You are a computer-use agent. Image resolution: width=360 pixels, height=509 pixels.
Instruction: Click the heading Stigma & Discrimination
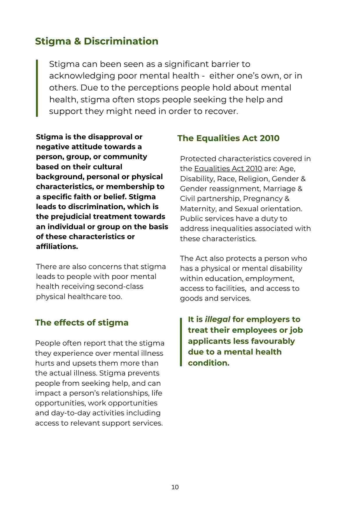(x=97, y=41)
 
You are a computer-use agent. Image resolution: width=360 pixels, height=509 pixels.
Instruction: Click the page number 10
(x=175, y=487)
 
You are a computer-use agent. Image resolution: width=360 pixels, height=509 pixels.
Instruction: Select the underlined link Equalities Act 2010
(x=228, y=169)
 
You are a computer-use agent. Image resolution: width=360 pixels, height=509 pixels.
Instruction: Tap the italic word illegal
(x=217, y=319)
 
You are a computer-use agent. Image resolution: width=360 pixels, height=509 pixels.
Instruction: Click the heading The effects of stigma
(x=81, y=323)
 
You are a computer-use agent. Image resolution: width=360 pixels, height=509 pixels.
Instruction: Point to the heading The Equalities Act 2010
(x=228, y=138)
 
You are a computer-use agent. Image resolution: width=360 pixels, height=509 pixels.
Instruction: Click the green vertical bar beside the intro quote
(x=37, y=88)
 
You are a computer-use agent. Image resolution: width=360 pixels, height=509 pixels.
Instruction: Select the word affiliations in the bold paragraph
(x=57, y=247)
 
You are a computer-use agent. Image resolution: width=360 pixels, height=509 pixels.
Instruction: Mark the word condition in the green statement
(x=208, y=363)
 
